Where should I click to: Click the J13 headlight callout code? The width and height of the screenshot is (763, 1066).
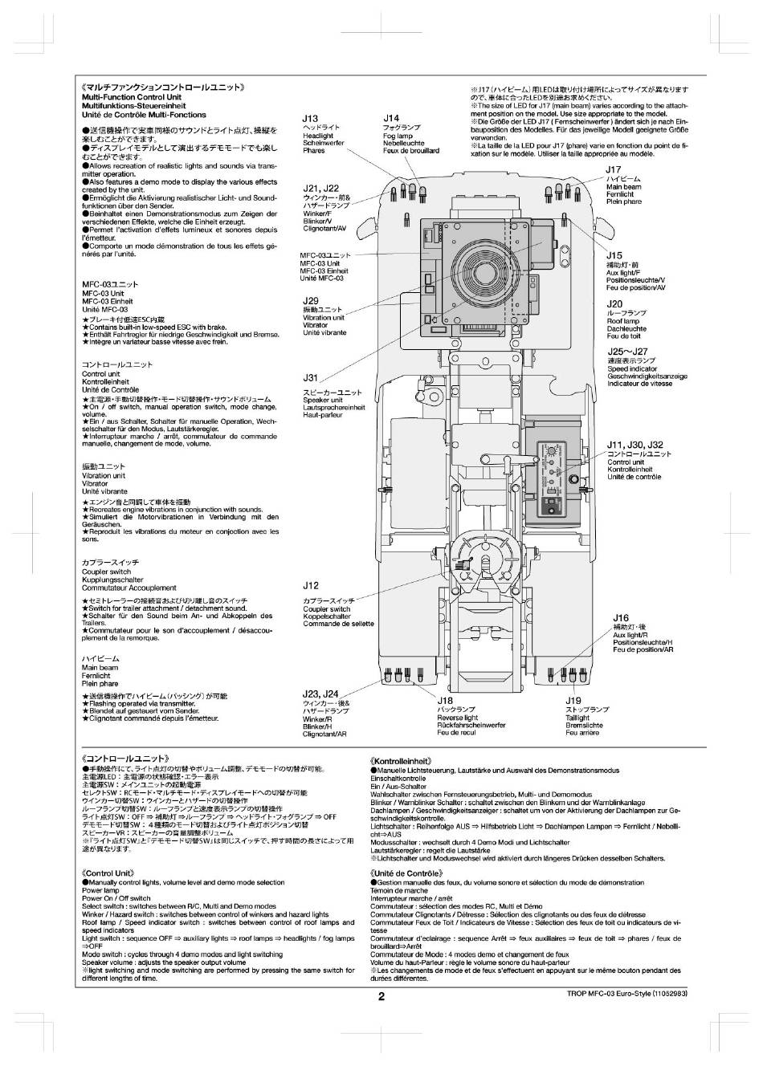[310, 118]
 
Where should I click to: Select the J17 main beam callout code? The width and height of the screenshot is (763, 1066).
[614, 169]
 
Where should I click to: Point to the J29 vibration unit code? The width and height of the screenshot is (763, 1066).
[311, 301]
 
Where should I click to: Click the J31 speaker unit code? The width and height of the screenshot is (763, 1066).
[310, 377]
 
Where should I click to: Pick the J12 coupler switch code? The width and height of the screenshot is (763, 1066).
[311, 586]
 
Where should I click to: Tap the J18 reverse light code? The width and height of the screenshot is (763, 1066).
[445, 701]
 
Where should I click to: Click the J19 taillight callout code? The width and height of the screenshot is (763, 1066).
[573, 701]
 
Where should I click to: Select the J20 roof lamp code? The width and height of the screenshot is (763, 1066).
[614, 304]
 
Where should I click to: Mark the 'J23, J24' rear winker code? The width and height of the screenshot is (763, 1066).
[320, 694]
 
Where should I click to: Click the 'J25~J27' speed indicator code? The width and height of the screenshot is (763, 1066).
[627, 352]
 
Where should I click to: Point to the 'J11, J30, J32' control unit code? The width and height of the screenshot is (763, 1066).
[634, 445]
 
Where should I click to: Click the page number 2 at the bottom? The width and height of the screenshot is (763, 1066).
[381, 997]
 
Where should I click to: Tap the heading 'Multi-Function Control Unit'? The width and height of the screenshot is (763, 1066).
[132, 97]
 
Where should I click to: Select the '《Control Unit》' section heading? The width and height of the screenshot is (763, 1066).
[108, 873]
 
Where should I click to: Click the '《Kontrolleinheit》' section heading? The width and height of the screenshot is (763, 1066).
[402, 760]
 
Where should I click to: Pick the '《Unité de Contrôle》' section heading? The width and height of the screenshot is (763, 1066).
[406, 873]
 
